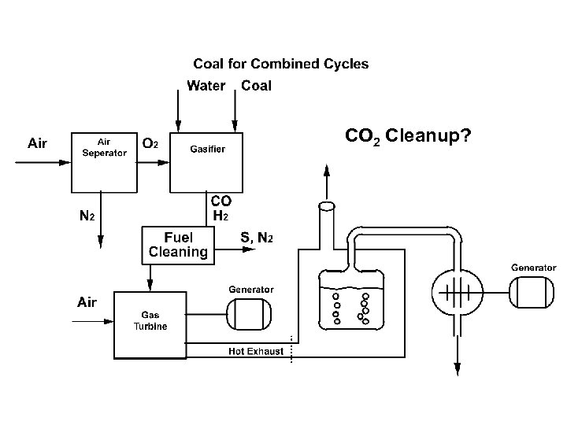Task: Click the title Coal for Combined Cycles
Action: (280, 64)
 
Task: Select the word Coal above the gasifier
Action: (256, 86)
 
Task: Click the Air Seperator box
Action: (104, 161)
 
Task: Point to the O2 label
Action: (151, 144)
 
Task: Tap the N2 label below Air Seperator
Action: (87, 215)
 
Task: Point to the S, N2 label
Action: (257, 237)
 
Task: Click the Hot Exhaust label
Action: (256, 351)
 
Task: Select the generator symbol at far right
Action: (533, 294)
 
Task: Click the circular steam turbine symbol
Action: (454, 293)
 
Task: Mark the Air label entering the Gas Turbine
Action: (87, 302)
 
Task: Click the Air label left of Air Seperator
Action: (37, 144)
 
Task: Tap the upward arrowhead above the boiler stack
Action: (328, 169)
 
